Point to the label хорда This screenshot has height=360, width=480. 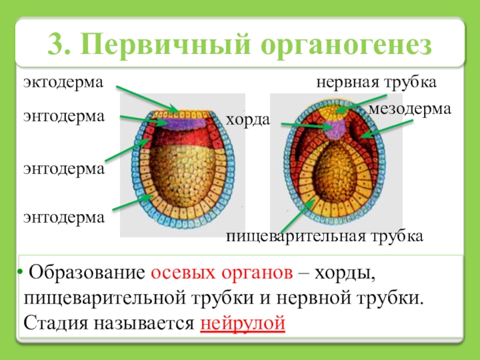[x=247, y=121]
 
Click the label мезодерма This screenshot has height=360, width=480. [x=409, y=109]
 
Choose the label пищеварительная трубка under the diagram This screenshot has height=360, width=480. [x=325, y=236]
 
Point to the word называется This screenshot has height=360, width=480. [x=143, y=323]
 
